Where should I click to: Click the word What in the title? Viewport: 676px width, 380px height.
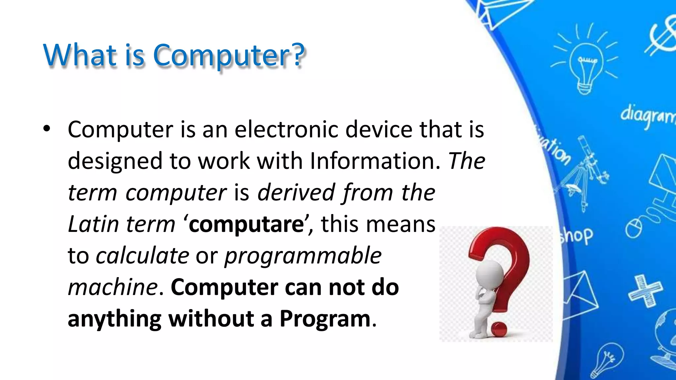[80, 55]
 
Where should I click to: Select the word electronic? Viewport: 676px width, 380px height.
[287, 129]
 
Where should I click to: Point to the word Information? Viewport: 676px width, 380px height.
[375, 161]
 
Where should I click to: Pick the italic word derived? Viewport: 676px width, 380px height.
[296, 192]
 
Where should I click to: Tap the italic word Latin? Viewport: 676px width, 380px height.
[93, 224]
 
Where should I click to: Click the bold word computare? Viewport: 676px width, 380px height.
[246, 224]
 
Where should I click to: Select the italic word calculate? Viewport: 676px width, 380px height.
[142, 256]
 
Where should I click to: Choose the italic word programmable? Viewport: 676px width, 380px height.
[303, 256]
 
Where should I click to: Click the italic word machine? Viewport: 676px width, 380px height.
[113, 287]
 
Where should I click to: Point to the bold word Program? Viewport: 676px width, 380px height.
[325, 319]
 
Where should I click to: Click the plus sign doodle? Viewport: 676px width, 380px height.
[645, 291]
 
